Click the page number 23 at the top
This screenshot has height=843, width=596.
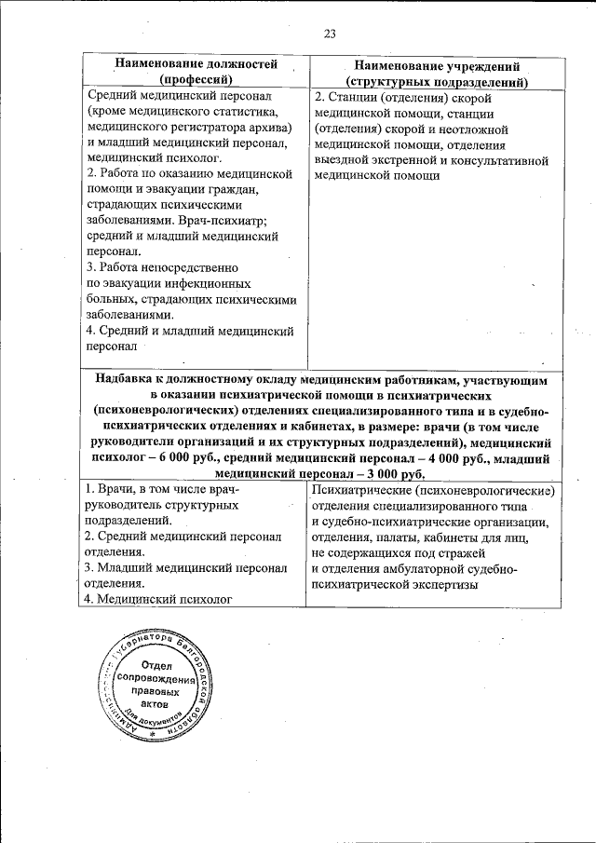click(x=329, y=34)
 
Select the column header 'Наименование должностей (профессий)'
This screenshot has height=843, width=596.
click(x=196, y=73)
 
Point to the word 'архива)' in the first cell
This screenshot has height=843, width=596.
click(x=269, y=127)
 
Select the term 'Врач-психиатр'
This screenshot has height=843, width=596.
click(x=229, y=221)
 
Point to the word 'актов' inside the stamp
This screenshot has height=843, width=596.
click(x=155, y=706)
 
